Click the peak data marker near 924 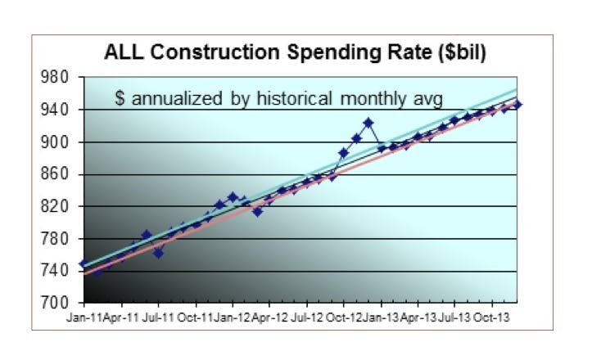[368, 123]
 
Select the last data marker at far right [517, 105]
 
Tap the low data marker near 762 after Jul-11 [158, 253]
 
